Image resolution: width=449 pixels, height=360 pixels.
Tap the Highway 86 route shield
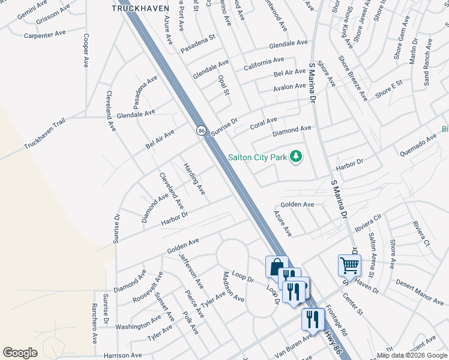click(x=201, y=130)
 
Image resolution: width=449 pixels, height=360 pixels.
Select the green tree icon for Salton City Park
click(x=295, y=157)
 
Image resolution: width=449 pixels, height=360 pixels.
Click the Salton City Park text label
click(x=258, y=158)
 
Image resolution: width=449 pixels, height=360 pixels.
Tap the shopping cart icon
click(x=349, y=264)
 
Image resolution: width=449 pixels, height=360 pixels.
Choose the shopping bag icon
click(x=277, y=266)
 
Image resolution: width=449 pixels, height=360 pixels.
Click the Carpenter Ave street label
click(x=45, y=34)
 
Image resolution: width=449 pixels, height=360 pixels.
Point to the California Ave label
click(x=264, y=61)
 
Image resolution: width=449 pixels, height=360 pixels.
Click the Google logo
click(x=20, y=353)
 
